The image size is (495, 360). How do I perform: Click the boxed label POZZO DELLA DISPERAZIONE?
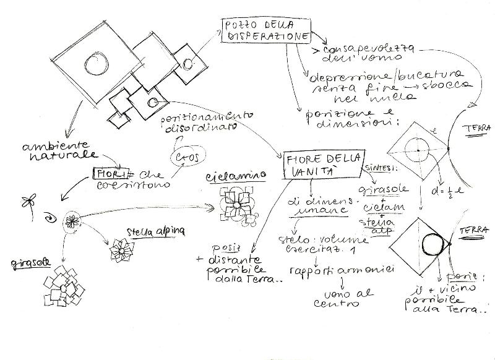tap(267, 32)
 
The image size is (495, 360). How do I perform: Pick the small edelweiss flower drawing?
tap(121, 251)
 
